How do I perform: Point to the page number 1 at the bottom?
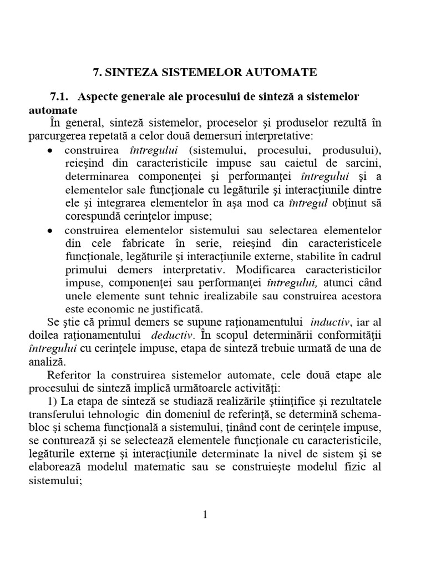click(205, 515)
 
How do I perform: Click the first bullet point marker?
click(50, 151)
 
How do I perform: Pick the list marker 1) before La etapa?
click(54, 402)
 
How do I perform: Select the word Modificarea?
click(268, 270)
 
